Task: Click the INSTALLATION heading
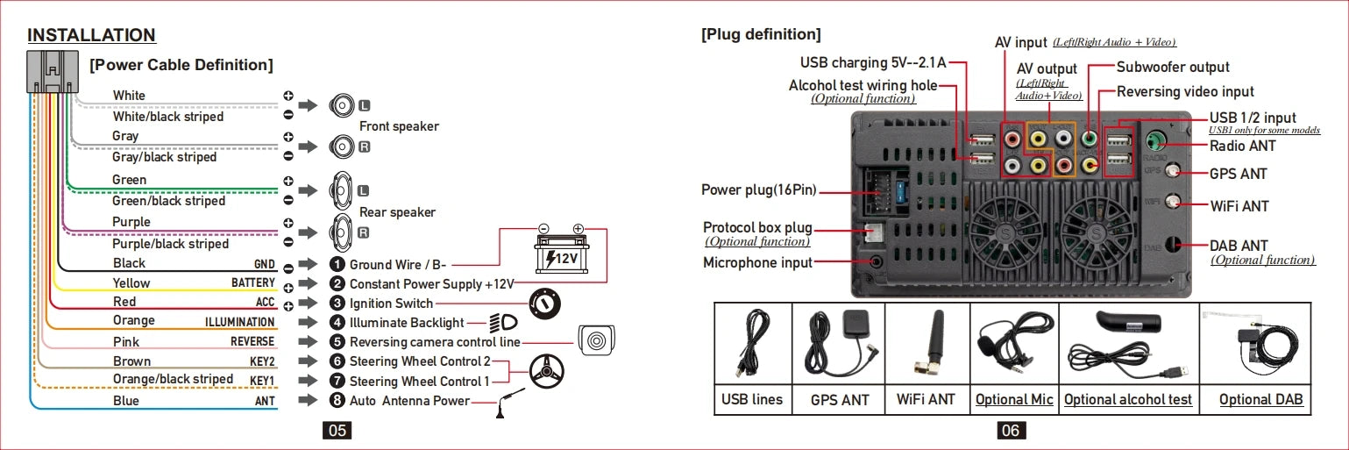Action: coord(91,36)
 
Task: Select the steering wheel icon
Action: coord(547,372)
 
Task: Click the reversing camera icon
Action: coord(598,341)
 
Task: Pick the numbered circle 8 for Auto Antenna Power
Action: coord(337,401)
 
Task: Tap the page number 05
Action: coord(337,431)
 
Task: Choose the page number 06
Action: coord(1010,431)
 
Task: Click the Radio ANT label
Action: coord(1242,146)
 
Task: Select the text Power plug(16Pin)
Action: coord(758,190)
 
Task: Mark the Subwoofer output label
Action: coord(1173,68)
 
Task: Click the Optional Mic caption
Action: coord(1014,400)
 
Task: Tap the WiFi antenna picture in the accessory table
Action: coord(927,343)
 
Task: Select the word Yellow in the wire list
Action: coord(131,283)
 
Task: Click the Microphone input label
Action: coord(757,262)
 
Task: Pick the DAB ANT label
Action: coord(1239,246)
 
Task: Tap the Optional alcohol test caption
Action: coord(1127,400)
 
